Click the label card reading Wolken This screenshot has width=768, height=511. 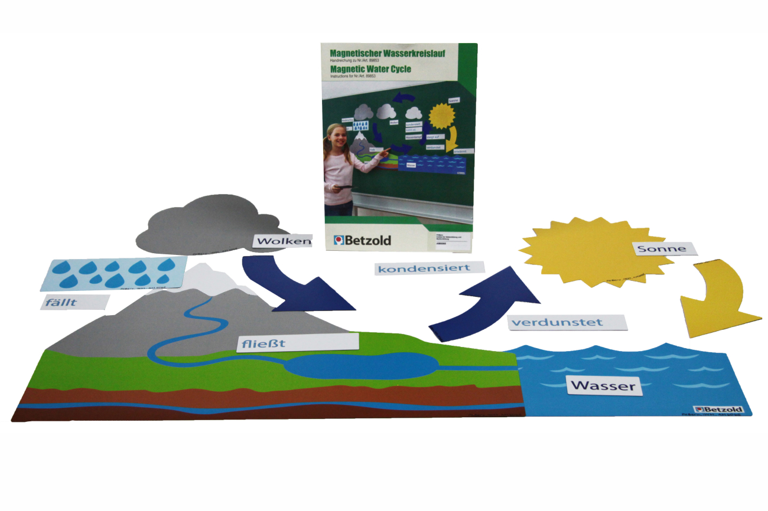[282, 241]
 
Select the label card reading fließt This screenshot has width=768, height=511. [297, 342]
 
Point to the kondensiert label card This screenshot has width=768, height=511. [429, 268]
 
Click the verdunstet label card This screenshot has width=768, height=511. [567, 323]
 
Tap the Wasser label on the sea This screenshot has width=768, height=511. [603, 386]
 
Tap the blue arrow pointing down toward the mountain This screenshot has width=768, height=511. [295, 283]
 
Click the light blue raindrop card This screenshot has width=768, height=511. [112, 273]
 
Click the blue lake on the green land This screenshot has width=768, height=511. [360, 366]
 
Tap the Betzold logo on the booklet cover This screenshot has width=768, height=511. [362, 240]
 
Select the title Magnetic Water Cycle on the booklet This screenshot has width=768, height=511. [370, 69]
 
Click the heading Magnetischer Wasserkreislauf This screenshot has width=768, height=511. [387, 53]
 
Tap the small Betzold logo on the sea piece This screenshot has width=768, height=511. [719, 408]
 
